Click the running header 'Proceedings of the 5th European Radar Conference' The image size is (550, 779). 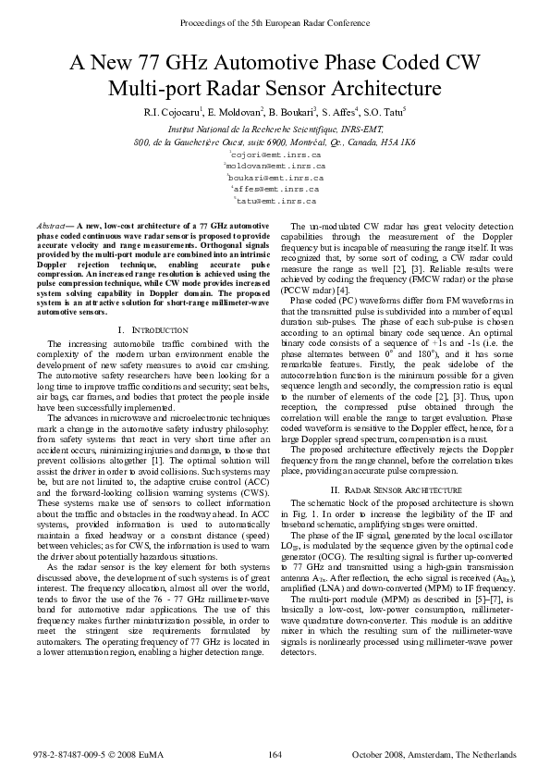click(x=275, y=19)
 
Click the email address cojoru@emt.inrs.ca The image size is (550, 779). click(x=275, y=155)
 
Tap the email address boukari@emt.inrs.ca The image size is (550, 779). click(x=275, y=177)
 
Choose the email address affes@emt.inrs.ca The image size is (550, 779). click(x=275, y=188)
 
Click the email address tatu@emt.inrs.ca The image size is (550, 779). click(x=275, y=200)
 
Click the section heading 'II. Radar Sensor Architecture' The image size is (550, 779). click(x=402, y=488)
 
